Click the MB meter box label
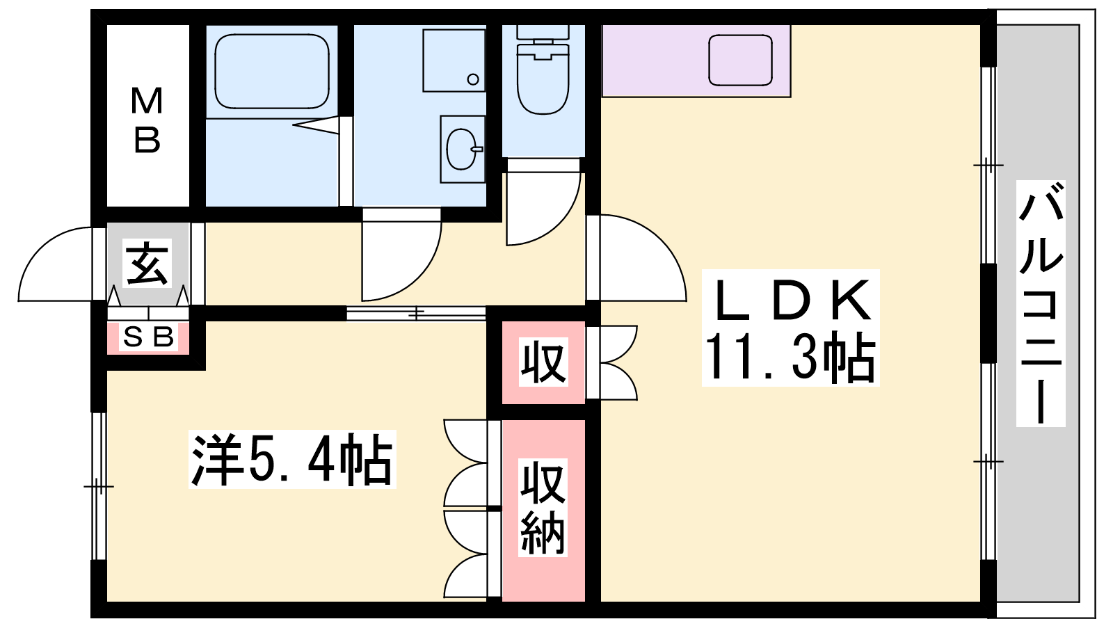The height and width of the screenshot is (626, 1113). (x=147, y=120)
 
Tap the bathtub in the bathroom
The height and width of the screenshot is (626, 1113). (x=272, y=71)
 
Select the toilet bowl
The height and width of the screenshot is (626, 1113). (x=543, y=79)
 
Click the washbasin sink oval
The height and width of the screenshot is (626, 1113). (x=463, y=149)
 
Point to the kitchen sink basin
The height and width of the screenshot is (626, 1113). (x=740, y=60)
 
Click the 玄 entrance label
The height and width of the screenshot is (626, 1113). (x=147, y=264)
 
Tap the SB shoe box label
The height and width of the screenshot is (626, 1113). (x=148, y=337)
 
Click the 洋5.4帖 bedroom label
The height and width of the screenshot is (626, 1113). (x=292, y=460)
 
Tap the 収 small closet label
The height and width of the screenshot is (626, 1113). (x=543, y=362)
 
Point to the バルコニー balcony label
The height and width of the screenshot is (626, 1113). (x=1041, y=303)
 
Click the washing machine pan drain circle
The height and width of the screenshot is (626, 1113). (x=473, y=79)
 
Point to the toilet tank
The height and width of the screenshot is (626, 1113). (x=543, y=33)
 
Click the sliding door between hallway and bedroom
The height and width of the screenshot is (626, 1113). (x=416, y=313)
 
